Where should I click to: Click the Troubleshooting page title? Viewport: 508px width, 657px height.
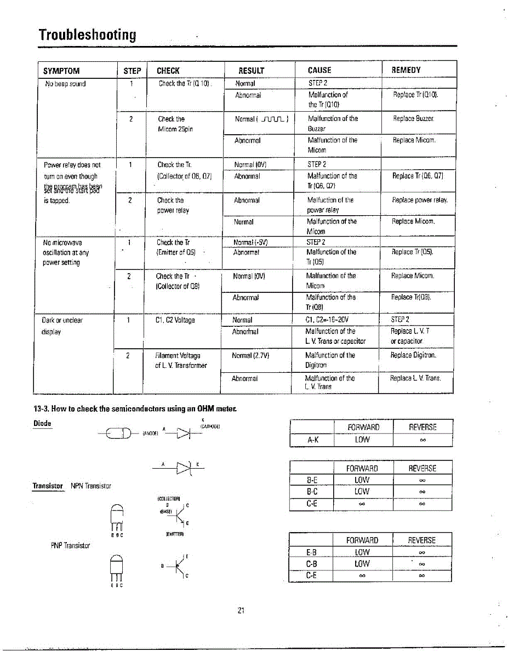87,35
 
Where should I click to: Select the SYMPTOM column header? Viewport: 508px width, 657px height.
61,71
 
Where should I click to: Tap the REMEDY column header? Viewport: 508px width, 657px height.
406,70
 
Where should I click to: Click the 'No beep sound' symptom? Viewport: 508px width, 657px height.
65,84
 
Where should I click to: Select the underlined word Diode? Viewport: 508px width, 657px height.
42,423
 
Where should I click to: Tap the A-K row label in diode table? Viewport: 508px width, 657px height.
311,440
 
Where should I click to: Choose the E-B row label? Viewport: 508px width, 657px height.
311,552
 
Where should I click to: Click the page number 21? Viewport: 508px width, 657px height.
240,610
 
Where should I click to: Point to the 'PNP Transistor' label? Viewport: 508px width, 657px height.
70,545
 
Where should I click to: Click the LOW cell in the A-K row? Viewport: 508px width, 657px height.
363,440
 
